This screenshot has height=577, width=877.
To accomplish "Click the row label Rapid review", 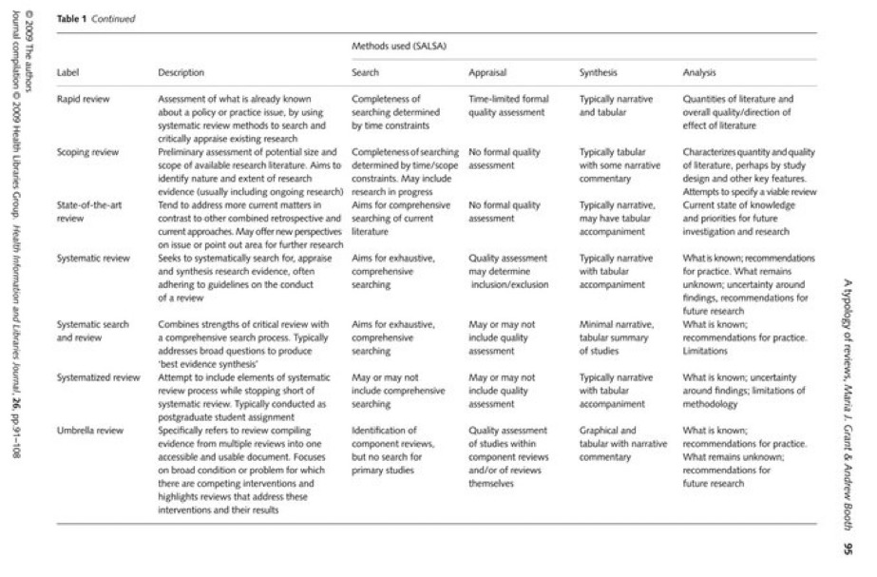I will click(83, 99).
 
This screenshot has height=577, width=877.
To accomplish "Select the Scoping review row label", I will click(86, 152).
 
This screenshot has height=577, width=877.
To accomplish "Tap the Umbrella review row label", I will click(89, 431).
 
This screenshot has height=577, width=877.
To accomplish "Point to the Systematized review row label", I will click(98, 377).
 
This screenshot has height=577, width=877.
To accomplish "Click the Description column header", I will click(181, 72).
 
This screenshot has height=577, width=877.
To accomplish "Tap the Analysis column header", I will click(700, 72).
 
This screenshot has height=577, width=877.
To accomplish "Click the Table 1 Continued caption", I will click(95, 18).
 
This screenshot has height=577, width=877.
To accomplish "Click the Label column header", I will click(67, 72).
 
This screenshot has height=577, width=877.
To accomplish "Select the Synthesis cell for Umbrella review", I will click(623, 437).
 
